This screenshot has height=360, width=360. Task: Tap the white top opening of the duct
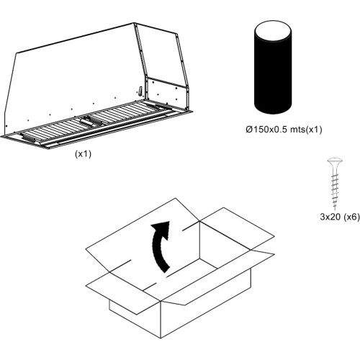coord(273,32)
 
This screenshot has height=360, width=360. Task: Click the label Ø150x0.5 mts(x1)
coord(284,130)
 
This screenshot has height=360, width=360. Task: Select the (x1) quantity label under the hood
coord(83,154)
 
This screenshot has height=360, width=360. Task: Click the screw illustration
coord(335,183)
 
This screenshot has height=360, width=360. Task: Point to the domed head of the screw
coord(335,161)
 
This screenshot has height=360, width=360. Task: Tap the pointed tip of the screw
coord(335,210)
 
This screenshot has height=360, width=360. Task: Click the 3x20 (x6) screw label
coord(340,217)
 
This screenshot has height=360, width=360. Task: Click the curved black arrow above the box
coord(160,246)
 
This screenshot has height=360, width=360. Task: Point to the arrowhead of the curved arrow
coord(162,229)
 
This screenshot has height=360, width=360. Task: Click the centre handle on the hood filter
coord(88,121)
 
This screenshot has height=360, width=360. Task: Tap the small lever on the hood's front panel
coord(140,91)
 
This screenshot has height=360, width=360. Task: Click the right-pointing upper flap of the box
coord(238,228)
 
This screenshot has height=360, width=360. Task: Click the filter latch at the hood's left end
coord(27,138)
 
